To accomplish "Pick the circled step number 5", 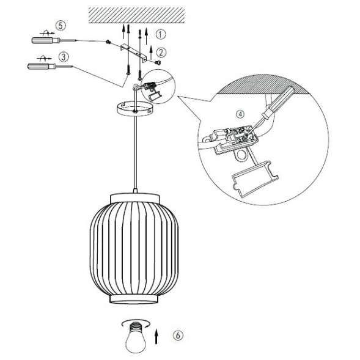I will pos(59,25).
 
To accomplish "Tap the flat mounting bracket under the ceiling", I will pos(136,53).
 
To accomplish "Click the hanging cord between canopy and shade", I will pos(134,153).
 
